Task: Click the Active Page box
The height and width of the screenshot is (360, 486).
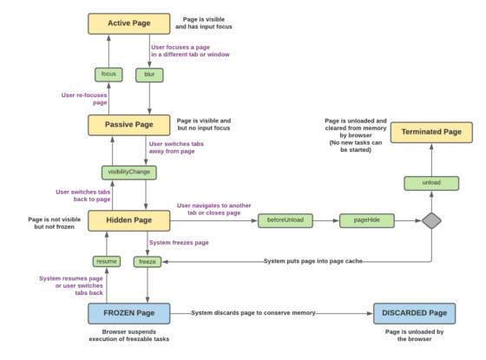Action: pos(129,23)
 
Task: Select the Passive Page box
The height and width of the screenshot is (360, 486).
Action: pos(129,125)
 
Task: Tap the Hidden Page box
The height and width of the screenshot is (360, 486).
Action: pos(129,221)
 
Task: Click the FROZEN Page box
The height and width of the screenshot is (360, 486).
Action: pos(129,313)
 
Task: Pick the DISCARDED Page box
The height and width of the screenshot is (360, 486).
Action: pos(413,313)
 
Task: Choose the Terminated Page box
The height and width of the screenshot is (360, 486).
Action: pos(431,133)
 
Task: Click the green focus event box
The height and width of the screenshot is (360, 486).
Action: pos(108,75)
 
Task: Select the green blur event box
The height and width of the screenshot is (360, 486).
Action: pos(149,75)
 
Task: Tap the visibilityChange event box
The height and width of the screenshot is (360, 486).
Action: pos(128,172)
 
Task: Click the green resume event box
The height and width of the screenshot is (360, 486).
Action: pos(107,261)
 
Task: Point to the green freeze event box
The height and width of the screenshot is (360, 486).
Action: pos(148,261)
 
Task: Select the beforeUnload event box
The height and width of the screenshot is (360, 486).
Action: pos(285,221)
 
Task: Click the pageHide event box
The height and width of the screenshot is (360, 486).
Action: pos(365,221)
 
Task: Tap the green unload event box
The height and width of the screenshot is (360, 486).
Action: pos(430,183)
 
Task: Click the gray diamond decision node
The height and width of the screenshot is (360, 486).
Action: pos(430,221)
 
